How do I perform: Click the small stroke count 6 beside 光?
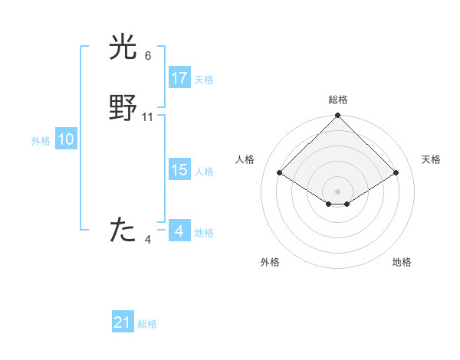[x=148, y=56]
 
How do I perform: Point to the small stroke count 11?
[x=148, y=117]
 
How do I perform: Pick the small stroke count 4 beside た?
[x=148, y=240]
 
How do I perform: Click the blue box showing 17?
[x=179, y=78]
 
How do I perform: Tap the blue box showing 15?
[x=179, y=170]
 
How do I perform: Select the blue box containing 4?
[x=179, y=231]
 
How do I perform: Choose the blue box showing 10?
[x=65, y=139]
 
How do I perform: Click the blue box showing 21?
[x=123, y=322]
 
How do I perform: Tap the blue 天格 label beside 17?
[x=204, y=80]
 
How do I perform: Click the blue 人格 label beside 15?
[x=204, y=172]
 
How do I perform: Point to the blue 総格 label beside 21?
[x=147, y=324]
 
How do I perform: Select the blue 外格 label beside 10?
[x=41, y=141]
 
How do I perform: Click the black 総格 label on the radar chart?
[x=338, y=100]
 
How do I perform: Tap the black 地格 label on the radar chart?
[x=402, y=262]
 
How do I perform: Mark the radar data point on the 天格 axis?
[x=396, y=172]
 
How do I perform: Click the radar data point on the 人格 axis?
[x=279, y=172]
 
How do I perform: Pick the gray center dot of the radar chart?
[x=338, y=191]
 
